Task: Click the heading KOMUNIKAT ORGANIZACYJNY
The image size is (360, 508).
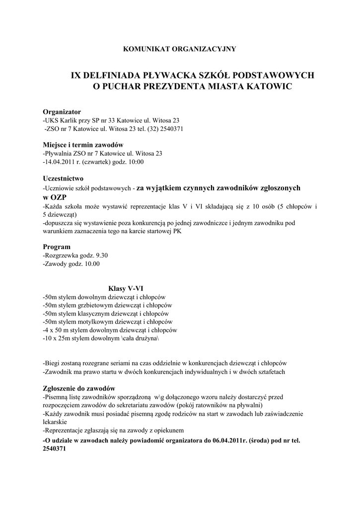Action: pyautogui.click(x=179, y=49)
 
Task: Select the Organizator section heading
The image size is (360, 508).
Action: pyautogui.click(x=62, y=112)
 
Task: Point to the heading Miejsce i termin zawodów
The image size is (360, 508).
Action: pyautogui.click(x=83, y=145)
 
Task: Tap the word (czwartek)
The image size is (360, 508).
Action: pyautogui.click(x=101, y=162)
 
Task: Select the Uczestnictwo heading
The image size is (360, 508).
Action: pyautogui.click(x=63, y=178)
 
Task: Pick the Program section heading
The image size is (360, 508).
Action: pyautogui.click(x=57, y=247)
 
